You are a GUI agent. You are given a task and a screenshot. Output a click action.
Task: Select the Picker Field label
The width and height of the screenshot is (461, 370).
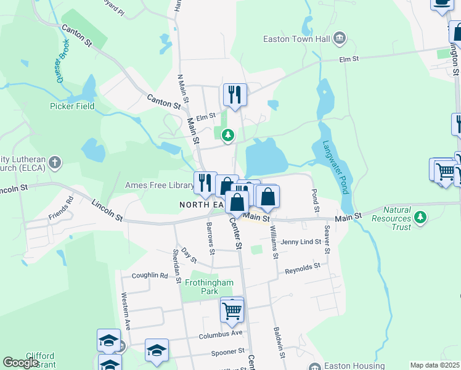pyautogui.click(x=72, y=106)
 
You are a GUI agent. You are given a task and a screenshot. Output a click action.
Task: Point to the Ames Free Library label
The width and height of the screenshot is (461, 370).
pyautogui.click(x=160, y=185)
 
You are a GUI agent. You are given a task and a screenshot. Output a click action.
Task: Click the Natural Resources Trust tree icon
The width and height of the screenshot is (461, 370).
pyautogui.click(x=420, y=216)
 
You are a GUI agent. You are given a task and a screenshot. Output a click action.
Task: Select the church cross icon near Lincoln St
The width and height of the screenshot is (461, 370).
pyautogui.click(x=55, y=163)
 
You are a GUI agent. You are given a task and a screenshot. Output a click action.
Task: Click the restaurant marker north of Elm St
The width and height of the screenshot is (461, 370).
pyautogui.click(x=235, y=95)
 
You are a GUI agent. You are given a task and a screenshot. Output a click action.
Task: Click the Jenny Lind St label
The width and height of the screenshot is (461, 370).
pyautogui.click(x=301, y=242)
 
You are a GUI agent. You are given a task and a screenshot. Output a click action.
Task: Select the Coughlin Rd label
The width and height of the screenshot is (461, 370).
pyautogui.click(x=150, y=276)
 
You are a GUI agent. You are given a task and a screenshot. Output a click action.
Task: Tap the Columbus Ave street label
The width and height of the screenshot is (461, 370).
pyautogui.click(x=221, y=334)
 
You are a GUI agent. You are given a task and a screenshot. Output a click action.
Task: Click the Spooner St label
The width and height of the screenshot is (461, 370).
pyautogui.click(x=227, y=351)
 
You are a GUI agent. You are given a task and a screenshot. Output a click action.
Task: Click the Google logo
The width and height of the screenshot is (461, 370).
pyautogui.click(x=20, y=363)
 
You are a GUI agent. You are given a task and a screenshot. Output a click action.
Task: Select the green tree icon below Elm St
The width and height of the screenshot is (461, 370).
pyautogui.click(x=228, y=134)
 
